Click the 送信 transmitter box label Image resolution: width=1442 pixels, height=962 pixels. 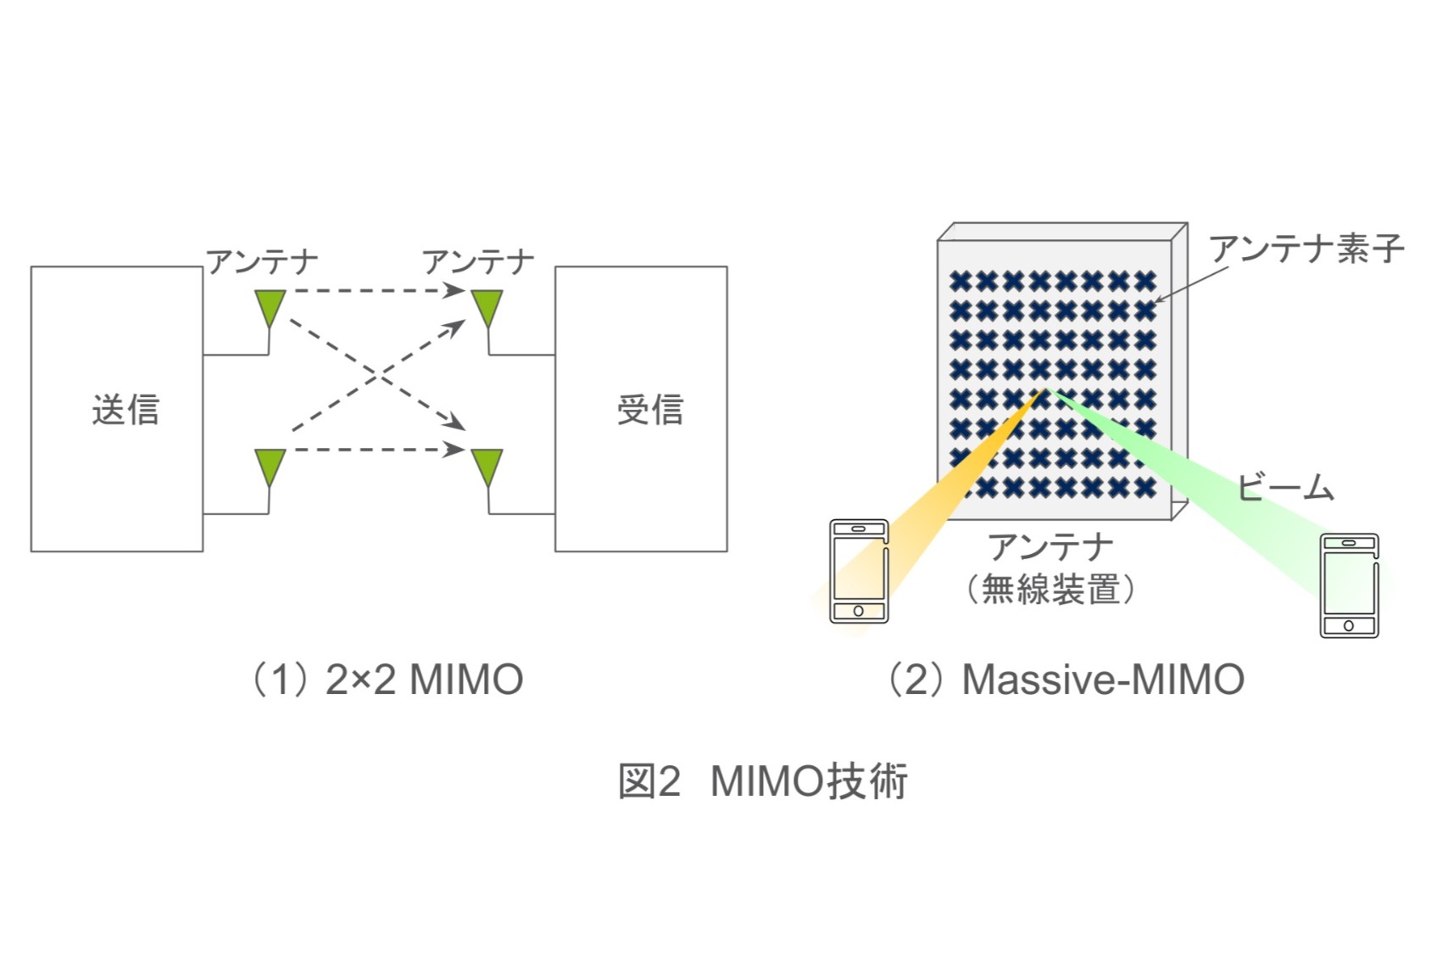(x=125, y=410)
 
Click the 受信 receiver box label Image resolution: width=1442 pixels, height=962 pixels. (x=649, y=410)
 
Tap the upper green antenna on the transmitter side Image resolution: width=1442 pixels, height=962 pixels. (x=270, y=308)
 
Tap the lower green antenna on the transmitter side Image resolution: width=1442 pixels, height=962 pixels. (x=270, y=467)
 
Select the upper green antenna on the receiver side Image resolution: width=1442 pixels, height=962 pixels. (x=487, y=308)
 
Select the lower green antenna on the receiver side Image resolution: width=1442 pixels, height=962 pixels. (x=487, y=467)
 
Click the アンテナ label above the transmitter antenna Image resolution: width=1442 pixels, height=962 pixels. (x=262, y=262)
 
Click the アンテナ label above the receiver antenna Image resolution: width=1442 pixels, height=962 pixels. (x=478, y=262)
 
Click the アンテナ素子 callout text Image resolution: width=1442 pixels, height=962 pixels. (x=1306, y=249)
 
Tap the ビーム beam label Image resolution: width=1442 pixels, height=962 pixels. (x=1285, y=488)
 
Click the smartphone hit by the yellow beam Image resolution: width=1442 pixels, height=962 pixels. (x=859, y=571)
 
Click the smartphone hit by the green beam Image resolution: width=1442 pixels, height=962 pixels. (x=1349, y=585)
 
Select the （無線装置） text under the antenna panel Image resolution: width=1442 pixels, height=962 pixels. (x=1051, y=589)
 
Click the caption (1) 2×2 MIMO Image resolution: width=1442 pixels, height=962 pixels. (x=387, y=680)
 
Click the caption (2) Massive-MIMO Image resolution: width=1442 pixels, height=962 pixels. (x=1065, y=680)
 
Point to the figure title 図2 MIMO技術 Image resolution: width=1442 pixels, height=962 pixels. (x=763, y=780)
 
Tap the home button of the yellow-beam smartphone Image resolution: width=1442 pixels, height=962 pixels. (x=859, y=611)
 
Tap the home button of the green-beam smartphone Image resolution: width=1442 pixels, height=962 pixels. (x=1349, y=626)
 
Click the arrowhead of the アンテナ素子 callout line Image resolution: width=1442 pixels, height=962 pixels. (x=1159, y=300)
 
